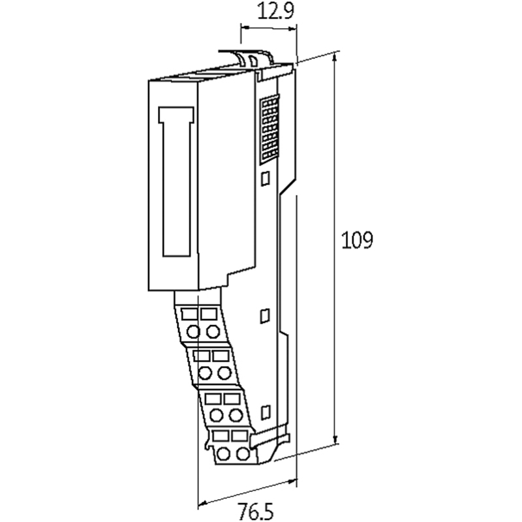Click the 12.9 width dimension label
pyautogui.click(x=275, y=12)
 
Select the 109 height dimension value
pyautogui.click(x=357, y=240)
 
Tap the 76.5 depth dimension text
pyautogui.click(x=255, y=511)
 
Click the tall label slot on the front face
pyautogui.click(x=176, y=182)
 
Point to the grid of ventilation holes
pyautogui.click(x=269, y=129)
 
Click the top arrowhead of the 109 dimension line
pyautogui.click(x=335, y=58)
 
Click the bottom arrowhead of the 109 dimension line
pyautogui.click(x=335, y=438)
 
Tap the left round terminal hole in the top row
pyautogui.click(x=193, y=331)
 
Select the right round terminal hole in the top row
pyautogui.click(x=213, y=331)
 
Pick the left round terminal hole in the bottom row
pyautogui.click(x=223, y=454)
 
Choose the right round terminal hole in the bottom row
pyautogui.click(x=243, y=454)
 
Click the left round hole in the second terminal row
pyautogui.click(x=205, y=373)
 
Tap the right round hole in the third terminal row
pyautogui.click(x=236, y=415)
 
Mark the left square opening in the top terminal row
pyautogui.click(x=189, y=315)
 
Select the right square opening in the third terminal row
pyautogui.click(x=232, y=399)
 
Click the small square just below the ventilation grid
pyautogui.click(x=266, y=178)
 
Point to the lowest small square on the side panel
pyautogui.click(x=266, y=412)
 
